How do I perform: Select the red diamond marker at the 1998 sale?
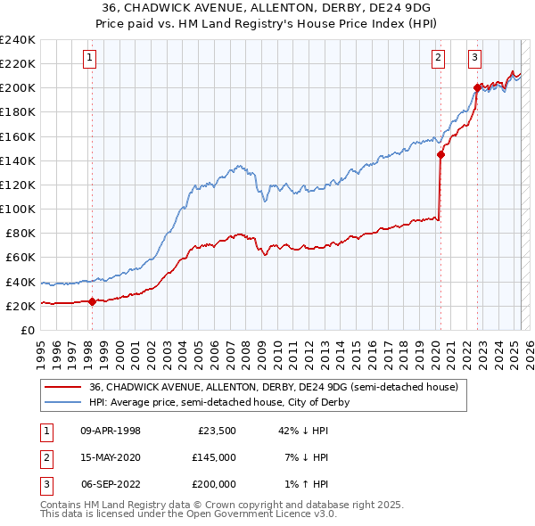(x=92, y=301)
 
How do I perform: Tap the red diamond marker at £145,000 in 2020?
(x=440, y=154)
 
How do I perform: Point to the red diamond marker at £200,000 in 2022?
(x=477, y=87)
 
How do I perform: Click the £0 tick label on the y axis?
(x=26, y=330)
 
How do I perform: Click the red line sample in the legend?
(x=62, y=387)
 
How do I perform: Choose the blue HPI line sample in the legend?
(x=62, y=402)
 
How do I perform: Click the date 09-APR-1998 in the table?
(x=111, y=431)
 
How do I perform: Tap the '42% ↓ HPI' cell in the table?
(x=303, y=431)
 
